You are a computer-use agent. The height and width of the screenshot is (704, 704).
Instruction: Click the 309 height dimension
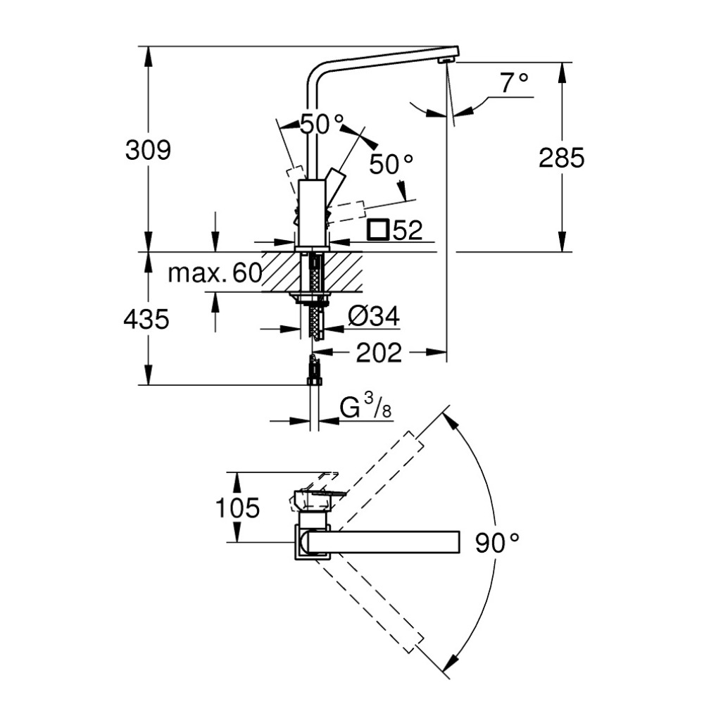point(148,150)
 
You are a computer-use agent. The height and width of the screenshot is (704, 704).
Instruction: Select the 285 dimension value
point(561,158)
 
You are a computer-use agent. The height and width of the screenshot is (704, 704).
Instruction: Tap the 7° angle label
point(514,84)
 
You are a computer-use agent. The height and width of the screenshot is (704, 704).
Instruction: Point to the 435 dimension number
point(146,320)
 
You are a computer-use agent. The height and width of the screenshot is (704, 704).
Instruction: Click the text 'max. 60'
point(215,273)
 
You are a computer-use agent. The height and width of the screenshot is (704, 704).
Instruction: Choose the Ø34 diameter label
point(373,318)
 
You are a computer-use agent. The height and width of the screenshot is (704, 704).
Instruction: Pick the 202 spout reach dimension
point(379,352)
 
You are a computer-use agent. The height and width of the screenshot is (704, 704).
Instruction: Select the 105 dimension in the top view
point(237,507)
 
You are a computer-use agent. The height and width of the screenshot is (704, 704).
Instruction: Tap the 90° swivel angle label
point(496,541)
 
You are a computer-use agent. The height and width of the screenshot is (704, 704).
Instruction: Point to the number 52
point(408,230)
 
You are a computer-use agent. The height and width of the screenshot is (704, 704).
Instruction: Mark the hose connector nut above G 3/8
point(315,381)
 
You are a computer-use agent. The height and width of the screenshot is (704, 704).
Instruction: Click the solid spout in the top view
point(387,542)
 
